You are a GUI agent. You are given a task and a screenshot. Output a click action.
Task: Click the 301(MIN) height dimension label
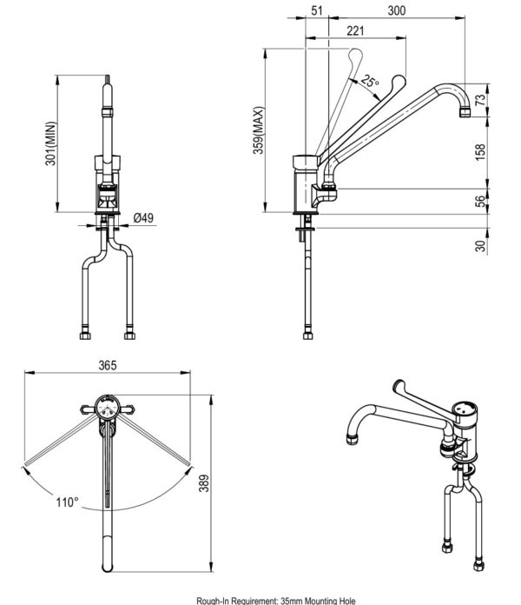(x=51, y=143)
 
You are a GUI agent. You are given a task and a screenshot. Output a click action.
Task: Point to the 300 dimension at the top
(x=397, y=10)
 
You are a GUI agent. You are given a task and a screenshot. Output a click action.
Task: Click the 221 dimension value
(x=355, y=30)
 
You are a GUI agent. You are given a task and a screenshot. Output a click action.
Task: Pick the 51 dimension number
(x=317, y=10)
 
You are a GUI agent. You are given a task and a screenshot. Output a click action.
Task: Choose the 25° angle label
(x=372, y=83)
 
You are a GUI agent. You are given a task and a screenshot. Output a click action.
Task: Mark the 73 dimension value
(x=481, y=99)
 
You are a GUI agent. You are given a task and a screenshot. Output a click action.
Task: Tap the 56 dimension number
(x=481, y=201)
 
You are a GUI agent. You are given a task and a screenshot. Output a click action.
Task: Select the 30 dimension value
(x=481, y=246)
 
